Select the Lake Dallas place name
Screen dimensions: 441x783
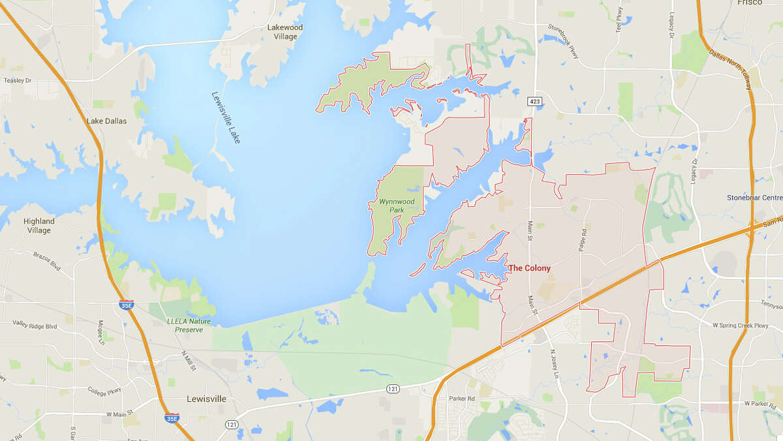pos(106,121)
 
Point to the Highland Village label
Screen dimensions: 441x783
pos(39,226)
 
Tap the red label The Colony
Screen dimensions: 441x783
pos(529,268)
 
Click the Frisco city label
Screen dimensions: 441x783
pos(750,3)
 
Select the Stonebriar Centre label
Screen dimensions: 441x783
pos(754,198)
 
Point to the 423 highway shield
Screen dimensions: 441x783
pos(535,101)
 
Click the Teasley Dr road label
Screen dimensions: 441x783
pos(18,80)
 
